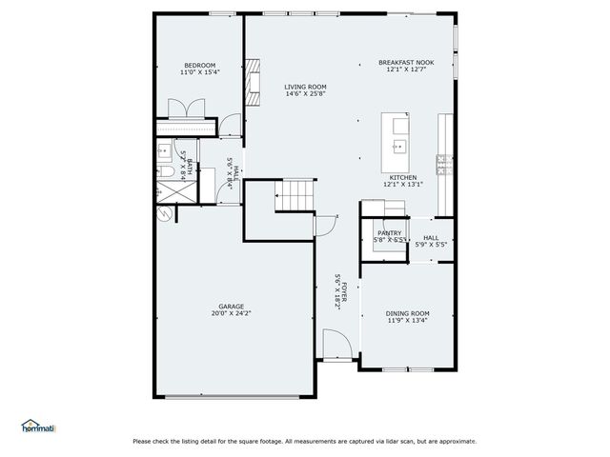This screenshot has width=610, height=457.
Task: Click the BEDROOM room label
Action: pyautogui.click(x=199, y=65)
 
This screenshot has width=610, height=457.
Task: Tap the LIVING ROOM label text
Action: pyautogui.click(x=305, y=87)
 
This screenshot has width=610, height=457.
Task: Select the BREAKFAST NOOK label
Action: pyautogui.click(x=405, y=62)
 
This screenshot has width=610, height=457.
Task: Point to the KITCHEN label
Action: pyautogui.click(x=401, y=177)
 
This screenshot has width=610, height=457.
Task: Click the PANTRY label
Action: pyautogui.click(x=389, y=232)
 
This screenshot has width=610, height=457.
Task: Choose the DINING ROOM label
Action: pyautogui.click(x=407, y=313)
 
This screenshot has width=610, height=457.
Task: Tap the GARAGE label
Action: pyautogui.click(x=231, y=306)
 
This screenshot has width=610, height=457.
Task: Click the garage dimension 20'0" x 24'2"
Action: pyautogui.click(x=231, y=313)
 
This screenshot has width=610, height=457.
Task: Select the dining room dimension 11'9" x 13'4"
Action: pyautogui.click(x=407, y=321)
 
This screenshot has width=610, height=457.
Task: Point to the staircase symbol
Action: pyautogui.click(x=295, y=196)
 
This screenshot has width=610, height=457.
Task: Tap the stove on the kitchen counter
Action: pyautogui.click(x=443, y=159)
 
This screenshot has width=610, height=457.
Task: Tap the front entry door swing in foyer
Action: pyautogui.click(x=334, y=344)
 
